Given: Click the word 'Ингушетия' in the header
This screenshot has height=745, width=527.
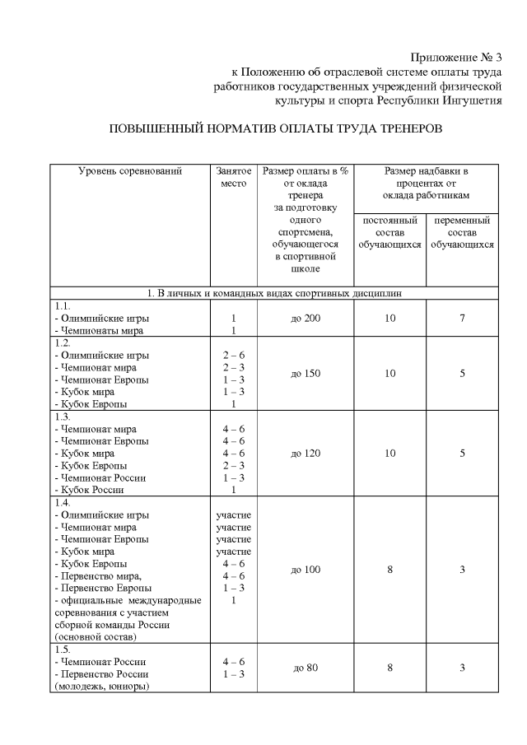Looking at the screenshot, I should click(x=463, y=101).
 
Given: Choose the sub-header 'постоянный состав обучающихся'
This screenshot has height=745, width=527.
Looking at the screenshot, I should click(x=389, y=233).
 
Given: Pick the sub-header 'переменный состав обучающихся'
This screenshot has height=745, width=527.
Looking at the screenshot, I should click(x=462, y=233).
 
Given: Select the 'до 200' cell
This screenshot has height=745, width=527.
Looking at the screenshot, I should click(x=305, y=318).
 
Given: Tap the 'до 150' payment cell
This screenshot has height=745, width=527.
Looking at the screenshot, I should click(x=305, y=373).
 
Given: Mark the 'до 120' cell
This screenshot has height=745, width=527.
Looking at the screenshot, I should click(x=305, y=453).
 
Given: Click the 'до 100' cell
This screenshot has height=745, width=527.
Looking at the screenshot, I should click(x=305, y=570).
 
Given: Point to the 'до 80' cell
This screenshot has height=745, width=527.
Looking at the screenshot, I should click(x=305, y=667).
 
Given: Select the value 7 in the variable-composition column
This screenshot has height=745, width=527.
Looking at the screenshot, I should click(x=462, y=318).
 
